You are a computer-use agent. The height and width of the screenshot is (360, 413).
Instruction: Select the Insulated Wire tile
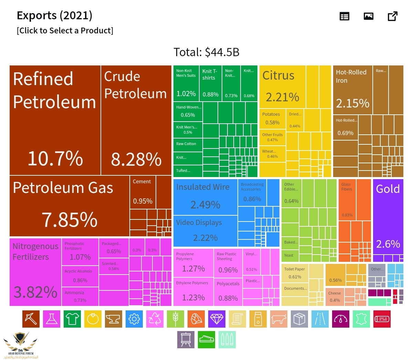(205, 196)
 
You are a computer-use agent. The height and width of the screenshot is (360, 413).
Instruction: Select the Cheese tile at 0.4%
(335, 297)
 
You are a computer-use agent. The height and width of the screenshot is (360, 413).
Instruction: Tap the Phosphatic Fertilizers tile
(80, 251)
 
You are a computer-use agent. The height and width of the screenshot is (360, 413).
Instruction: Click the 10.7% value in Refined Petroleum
(55, 158)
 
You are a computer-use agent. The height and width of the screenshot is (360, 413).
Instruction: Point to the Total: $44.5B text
(206, 52)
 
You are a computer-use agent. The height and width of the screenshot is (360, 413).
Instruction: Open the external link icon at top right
(392, 16)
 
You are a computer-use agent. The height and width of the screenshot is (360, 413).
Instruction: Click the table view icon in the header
(344, 16)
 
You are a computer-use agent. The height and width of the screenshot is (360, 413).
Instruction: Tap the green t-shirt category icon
(72, 319)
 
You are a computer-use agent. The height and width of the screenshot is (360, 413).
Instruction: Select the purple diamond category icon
(217, 319)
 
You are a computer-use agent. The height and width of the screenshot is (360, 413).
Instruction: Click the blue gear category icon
(134, 319)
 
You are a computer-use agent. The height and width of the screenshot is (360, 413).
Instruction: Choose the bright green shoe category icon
(206, 340)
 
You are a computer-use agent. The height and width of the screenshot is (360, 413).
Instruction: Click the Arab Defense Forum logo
(21, 344)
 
